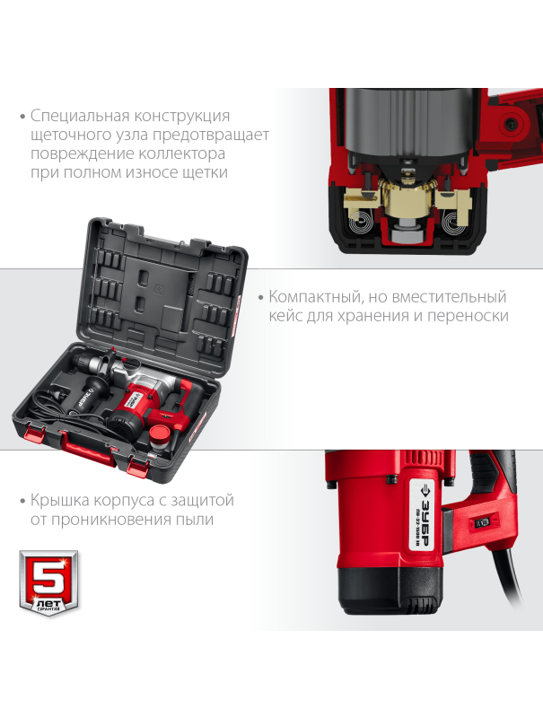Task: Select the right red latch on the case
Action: [x=138, y=465]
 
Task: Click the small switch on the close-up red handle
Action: [x=483, y=521]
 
